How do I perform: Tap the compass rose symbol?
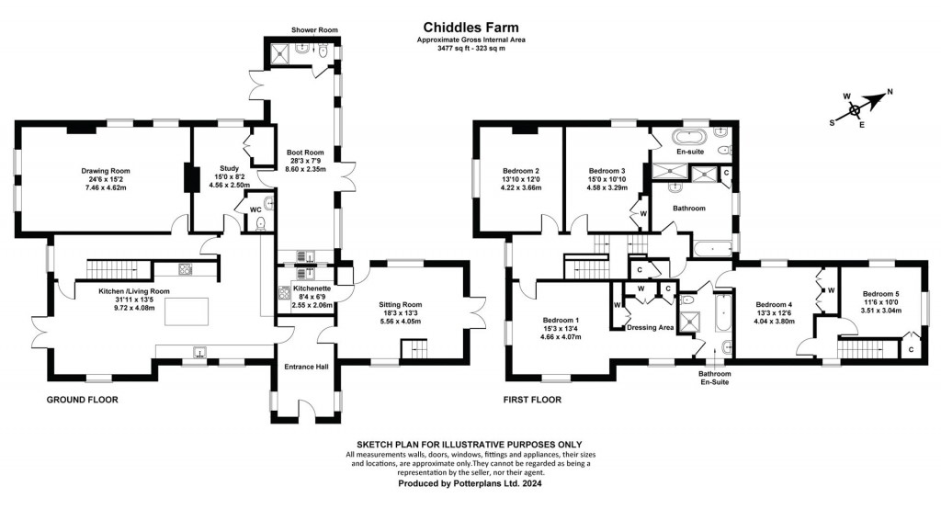click(x=856, y=108)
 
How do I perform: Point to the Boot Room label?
click(x=305, y=153)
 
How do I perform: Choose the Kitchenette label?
click(x=311, y=288)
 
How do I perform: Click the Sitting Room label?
click(x=400, y=304)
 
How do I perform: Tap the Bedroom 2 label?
click(x=520, y=171)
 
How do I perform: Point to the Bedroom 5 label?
click(x=881, y=294)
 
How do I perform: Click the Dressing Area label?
click(x=650, y=327)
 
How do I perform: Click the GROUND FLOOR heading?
click(x=83, y=400)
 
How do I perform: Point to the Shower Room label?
click(x=315, y=30)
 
